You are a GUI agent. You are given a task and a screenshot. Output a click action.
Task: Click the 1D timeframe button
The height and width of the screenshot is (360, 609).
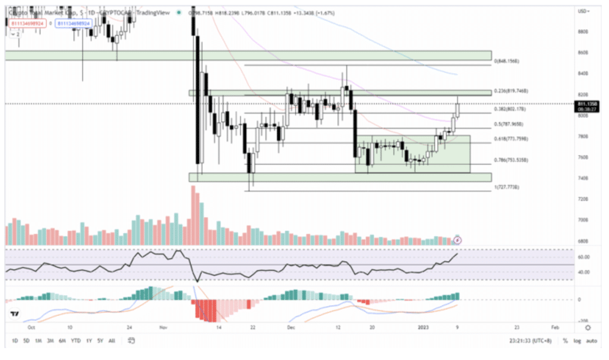coord(14,341)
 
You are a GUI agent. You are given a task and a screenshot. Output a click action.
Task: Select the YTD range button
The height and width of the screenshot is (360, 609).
coord(76,341)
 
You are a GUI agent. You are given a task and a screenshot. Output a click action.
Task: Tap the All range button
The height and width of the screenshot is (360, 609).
coord(112,341)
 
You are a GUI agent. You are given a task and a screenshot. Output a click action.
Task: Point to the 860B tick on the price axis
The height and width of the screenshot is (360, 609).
coord(583,52)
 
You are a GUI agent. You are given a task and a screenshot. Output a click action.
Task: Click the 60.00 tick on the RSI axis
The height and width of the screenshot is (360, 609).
coord(583,257)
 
